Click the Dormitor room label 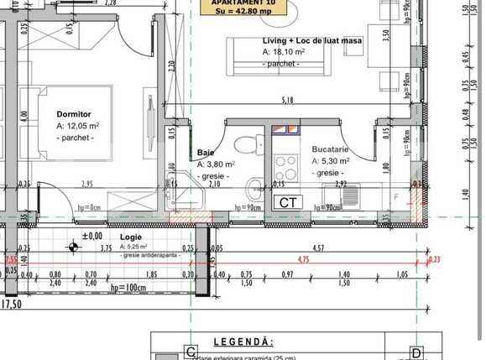coord(73,113)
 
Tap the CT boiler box coord(288,202)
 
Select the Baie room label coord(206,153)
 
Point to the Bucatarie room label coord(330,149)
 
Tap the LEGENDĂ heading coord(243,342)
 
